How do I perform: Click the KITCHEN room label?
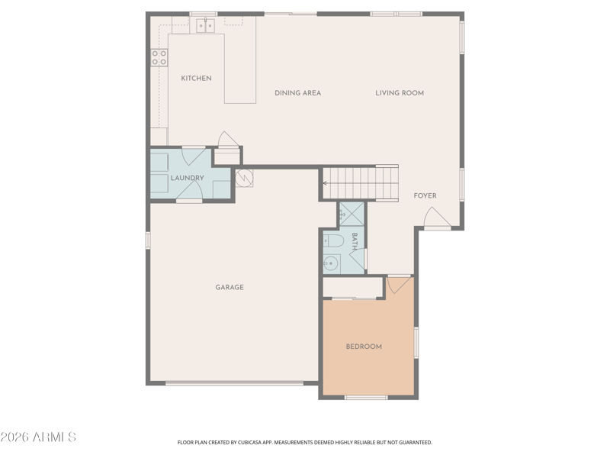point(196,79)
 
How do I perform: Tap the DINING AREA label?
point(297,93)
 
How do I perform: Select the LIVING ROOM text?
point(400,93)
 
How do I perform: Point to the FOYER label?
point(425,195)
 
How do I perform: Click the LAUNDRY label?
point(187,178)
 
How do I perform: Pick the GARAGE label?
point(230,288)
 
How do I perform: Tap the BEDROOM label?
point(364,347)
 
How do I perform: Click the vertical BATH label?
point(355,241)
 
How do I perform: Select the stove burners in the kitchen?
point(159,57)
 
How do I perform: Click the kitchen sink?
point(205,26)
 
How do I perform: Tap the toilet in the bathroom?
point(332,241)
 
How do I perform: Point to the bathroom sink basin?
point(331,263)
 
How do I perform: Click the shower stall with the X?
point(352,214)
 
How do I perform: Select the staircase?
point(361,183)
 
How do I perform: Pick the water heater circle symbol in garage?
point(244,178)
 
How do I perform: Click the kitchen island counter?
point(240,69)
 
